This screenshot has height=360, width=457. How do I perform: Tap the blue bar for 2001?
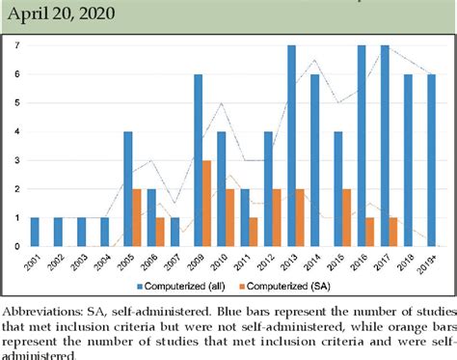coord(35,232)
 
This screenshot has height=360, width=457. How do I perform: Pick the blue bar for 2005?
coord(127,188)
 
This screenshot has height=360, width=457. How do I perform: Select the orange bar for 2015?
coord(346,217)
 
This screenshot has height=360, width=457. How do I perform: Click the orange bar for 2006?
coord(160,232)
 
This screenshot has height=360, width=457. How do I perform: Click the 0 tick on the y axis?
coord(17,246)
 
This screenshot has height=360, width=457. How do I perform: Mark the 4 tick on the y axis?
coord(17,131)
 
